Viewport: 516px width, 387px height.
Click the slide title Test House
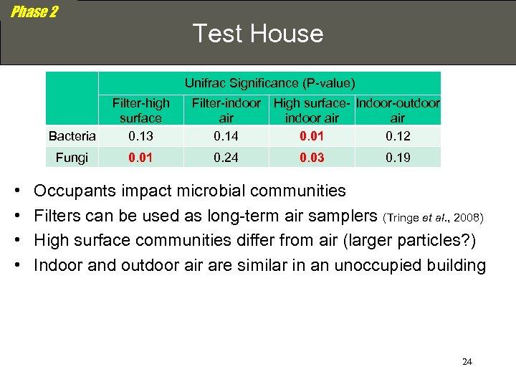(x=258, y=34)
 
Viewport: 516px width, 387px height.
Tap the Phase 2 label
(x=34, y=12)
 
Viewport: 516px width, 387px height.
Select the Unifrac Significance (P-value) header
(x=269, y=83)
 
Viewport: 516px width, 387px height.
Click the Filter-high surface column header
(x=140, y=110)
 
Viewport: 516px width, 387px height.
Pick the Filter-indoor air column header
(x=226, y=110)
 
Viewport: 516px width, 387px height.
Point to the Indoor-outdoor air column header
(x=398, y=110)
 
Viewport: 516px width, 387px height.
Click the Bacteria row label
(x=72, y=135)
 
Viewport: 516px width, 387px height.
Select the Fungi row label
(x=72, y=158)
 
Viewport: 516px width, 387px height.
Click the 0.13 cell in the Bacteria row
(x=140, y=135)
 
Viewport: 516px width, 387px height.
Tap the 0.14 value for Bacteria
(x=226, y=135)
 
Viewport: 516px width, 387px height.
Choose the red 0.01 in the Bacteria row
(x=312, y=135)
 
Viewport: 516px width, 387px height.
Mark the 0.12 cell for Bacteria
(x=398, y=135)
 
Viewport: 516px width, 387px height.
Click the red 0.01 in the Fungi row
(x=140, y=158)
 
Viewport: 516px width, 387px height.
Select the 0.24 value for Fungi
(x=226, y=158)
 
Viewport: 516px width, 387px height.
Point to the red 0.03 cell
(x=312, y=158)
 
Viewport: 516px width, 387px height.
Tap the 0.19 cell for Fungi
(x=398, y=158)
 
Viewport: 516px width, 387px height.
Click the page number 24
(x=467, y=362)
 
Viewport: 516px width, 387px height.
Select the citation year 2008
(x=468, y=217)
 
